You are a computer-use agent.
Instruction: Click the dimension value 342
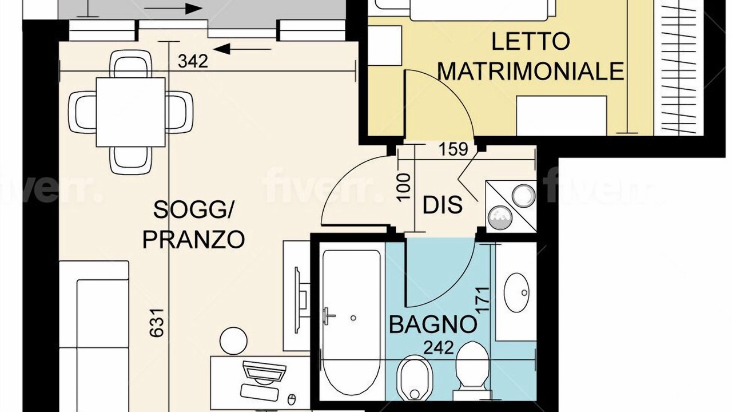[193, 61]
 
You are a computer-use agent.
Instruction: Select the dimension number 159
[453, 149]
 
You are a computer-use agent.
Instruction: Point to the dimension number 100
[404, 187]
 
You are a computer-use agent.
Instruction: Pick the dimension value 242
[439, 347]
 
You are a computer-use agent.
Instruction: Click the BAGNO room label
[433, 324]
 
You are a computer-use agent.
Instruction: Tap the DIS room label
[443, 205]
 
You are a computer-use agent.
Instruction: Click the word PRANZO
[193, 239]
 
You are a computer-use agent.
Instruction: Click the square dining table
[130, 112]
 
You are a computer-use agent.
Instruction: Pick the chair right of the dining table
[179, 112]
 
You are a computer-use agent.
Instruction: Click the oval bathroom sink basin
[516, 292]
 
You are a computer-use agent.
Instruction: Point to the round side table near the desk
[233, 341]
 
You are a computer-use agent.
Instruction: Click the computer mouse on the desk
[292, 399]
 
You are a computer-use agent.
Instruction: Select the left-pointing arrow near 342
[242, 49]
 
